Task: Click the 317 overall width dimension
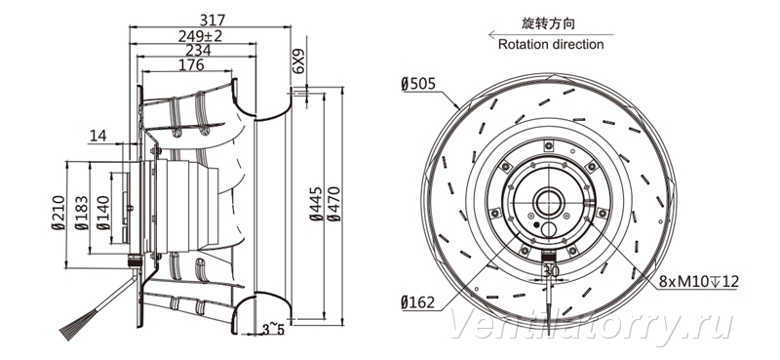click(213, 20)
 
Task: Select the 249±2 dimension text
click(200, 36)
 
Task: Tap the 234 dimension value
click(198, 51)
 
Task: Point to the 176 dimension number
click(191, 64)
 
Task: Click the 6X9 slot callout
click(298, 61)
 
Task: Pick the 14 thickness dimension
click(98, 136)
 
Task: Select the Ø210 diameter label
click(58, 212)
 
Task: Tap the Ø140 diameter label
click(103, 213)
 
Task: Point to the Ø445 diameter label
click(316, 204)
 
